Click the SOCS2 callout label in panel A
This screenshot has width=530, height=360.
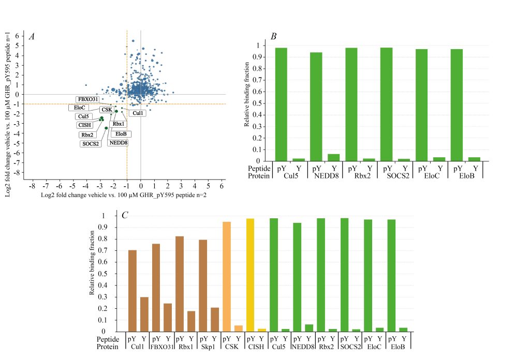90,144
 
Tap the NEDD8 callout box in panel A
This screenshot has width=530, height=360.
118,143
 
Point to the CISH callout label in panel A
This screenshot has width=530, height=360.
84,125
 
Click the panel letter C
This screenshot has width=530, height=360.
124,215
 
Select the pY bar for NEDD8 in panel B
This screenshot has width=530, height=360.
316,107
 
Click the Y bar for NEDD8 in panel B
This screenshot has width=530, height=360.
333,158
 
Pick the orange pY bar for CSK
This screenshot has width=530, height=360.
226,277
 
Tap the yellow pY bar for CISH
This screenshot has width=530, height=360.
250,275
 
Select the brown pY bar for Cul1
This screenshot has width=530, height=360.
132,291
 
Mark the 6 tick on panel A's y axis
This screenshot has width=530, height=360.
17,36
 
